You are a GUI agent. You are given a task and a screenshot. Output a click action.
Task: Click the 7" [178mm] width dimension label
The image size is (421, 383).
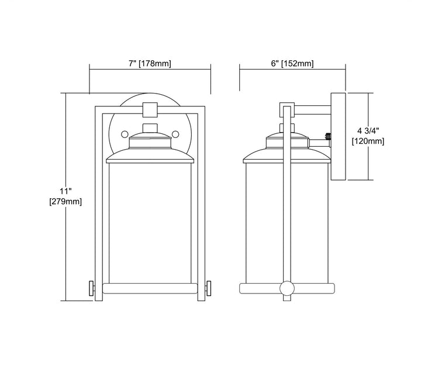[150, 64]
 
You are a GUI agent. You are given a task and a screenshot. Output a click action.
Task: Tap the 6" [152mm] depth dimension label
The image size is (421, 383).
[292, 64]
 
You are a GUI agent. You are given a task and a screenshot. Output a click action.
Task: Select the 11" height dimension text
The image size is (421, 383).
[65, 191]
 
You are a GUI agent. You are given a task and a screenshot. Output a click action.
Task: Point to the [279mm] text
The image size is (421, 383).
[65, 201]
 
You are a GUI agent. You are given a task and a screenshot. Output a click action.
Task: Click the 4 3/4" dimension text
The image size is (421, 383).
[368, 131]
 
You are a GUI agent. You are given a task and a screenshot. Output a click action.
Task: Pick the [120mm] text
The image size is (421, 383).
[368, 141]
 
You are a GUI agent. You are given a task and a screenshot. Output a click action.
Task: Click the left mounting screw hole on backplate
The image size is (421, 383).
[125, 134]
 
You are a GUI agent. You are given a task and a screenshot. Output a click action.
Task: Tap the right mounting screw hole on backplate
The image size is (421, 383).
[175, 134]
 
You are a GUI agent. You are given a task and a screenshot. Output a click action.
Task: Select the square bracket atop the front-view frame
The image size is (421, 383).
[150, 109]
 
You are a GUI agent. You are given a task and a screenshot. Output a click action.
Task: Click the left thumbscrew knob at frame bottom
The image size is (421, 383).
[92, 288]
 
